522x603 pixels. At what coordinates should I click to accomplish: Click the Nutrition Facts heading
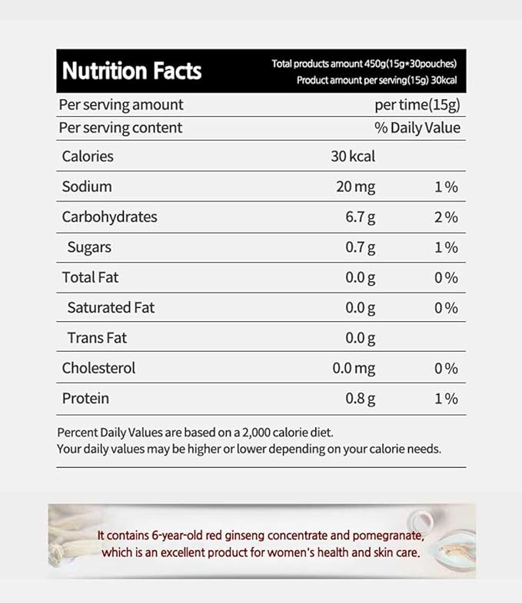pyautogui.click(x=131, y=71)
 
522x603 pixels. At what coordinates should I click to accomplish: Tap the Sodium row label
pyautogui.click(x=87, y=187)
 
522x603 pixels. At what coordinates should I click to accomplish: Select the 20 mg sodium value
pyautogui.click(x=355, y=187)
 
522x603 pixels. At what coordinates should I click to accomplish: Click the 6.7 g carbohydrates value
pyautogui.click(x=361, y=217)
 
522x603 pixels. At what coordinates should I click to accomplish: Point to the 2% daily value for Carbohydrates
pyautogui.click(x=446, y=217)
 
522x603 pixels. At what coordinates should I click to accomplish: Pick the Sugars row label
pyautogui.click(x=89, y=247)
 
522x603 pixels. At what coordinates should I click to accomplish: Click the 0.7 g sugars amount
pyautogui.click(x=361, y=247)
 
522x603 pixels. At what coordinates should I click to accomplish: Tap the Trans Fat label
pyautogui.click(x=97, y=338)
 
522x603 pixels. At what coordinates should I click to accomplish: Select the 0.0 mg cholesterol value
pyautogui.click(x=354, y=369)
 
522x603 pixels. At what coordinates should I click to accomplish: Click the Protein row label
pyautogui.click(x=85, y=399)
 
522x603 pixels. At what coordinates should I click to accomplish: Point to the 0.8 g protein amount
pyautogui.click(x=361, y=399)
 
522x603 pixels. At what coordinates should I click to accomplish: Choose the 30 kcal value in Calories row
pyautogui.click(x=353, y=157)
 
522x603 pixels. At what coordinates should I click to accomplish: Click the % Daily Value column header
pyautogui.click(x=417, y=128)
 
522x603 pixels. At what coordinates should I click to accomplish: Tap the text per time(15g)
pyautogui.click(x=417, y=105)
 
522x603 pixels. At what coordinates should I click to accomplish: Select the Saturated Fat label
pyautogui.click(x=111, y=308)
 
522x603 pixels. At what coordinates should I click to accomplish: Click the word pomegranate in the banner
pyautogui.click(x=385, y=535)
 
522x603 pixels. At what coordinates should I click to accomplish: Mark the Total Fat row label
pyautogui.click(x=90, y=277)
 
